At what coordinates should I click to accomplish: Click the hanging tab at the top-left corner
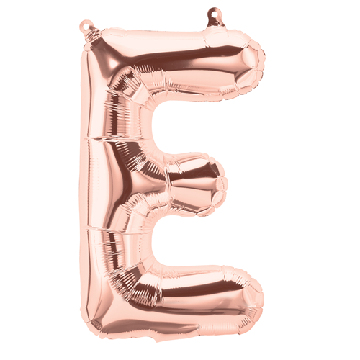pyautogui.click(x=89, y=26)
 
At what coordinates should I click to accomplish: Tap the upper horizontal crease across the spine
pyautogui.click(x=108, y=136)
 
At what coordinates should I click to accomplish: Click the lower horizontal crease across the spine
pyautogui.click(x=108, y=229)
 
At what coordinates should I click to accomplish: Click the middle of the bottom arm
pyautogui.click(x=180, y=299)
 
